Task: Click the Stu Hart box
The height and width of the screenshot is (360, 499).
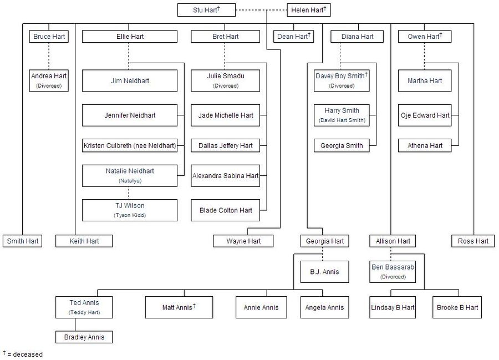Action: pyautogui.click(x=206, y=10)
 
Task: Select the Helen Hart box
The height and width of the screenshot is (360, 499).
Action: pyautogui.click(x=309, y=10)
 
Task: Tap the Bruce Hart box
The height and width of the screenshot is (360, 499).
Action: pyautogui.click(x=49, y=37)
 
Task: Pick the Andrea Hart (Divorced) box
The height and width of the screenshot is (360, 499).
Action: pyautogui.click(x=49, y=80)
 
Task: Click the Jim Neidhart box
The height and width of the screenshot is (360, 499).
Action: pyautogui.click(x=130, y=80)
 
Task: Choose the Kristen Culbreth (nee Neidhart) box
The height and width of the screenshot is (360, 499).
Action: pyautogui.click(x=130, y=146)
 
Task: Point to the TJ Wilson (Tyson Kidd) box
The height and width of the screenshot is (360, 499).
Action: pyautogui.click(x=130, y=210)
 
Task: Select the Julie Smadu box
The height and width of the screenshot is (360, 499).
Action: pyautogui.click(x=225, y=80)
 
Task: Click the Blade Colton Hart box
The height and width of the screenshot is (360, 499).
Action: pyautogui.click(x=225, y=210)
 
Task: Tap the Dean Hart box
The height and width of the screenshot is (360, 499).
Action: pyautogui.click(x=294, y=37)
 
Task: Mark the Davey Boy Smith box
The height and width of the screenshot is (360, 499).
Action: pyautogui.click(x=342, y=80)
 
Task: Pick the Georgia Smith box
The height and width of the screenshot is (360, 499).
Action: pyautogui.click(x=342, y=146)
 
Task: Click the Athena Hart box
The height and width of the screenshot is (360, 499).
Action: pyautogui.click(x=425, y=146)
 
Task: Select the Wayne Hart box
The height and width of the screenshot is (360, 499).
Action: pyautogui.click(x=243, y=241)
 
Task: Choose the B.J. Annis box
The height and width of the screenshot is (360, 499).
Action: pyautogui.click(x=325, y=272)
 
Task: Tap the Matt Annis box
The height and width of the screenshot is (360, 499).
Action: pyautogui.click(x=179, y=307)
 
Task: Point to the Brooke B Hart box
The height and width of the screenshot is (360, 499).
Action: pyautogui.click(x=457, y=307)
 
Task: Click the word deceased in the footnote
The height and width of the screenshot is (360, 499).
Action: pyautogui.click(x=29, y=354)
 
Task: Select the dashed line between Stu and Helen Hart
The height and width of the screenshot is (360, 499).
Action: pyautogui.click(x=261, y=10)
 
